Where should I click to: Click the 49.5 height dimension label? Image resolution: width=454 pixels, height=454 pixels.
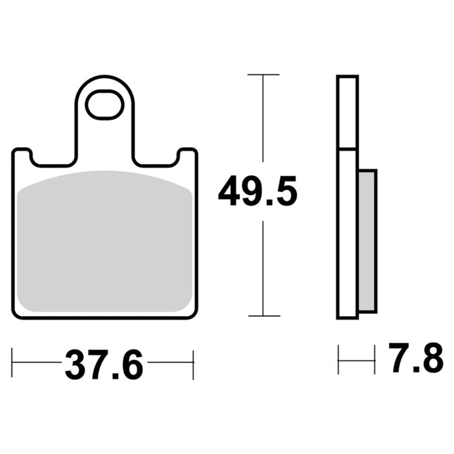click(258, 191)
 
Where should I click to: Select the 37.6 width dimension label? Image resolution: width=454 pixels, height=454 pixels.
click(104, 364)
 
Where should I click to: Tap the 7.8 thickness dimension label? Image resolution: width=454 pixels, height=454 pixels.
click(416, 358)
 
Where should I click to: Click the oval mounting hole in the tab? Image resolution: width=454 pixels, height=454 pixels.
click(104, 104)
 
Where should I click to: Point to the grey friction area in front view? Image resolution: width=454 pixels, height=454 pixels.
click(104, 241)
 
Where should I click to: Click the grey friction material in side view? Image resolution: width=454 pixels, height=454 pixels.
click(367, 241)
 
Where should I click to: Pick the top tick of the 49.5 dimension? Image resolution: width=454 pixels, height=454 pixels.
click(263, 75)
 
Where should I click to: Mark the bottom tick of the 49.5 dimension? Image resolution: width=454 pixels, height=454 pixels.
click(264, 315)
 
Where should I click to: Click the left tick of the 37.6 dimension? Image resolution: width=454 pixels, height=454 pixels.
click(12, 362)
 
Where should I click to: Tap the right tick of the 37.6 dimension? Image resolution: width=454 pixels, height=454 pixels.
click(193, 365)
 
